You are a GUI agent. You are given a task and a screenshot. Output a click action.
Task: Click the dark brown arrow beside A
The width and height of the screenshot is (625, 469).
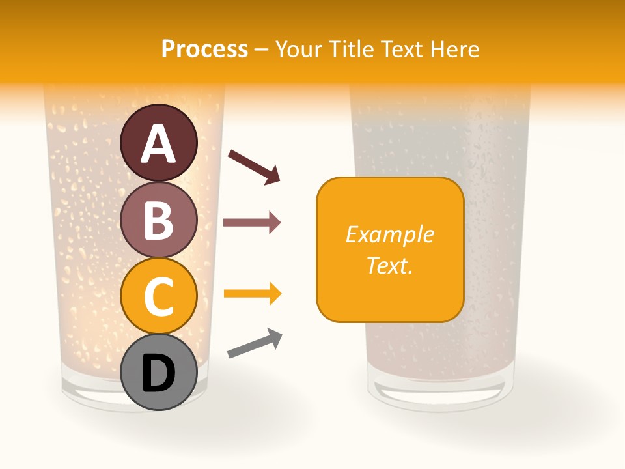(255, 167)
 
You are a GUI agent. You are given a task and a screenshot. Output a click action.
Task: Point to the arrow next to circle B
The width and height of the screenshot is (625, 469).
(252, 223)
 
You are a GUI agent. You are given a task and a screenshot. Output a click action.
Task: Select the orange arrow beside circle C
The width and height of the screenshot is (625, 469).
(252, 294)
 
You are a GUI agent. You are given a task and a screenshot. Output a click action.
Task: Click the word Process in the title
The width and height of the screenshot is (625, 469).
(204, 49)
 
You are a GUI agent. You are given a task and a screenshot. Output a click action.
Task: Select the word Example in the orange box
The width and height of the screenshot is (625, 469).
(390, 234)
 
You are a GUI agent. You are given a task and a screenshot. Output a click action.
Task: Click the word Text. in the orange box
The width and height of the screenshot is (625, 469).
(390, 265)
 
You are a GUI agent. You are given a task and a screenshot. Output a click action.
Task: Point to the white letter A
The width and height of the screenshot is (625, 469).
(158, 144)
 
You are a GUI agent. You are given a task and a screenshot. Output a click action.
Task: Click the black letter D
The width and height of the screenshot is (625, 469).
(158, 375)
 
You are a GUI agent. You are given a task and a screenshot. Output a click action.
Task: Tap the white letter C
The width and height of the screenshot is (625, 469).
(158, 297)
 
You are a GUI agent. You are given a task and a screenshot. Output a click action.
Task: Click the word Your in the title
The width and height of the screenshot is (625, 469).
(299, 49)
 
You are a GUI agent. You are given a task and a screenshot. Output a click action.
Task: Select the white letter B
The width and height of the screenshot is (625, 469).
(158, 220)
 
